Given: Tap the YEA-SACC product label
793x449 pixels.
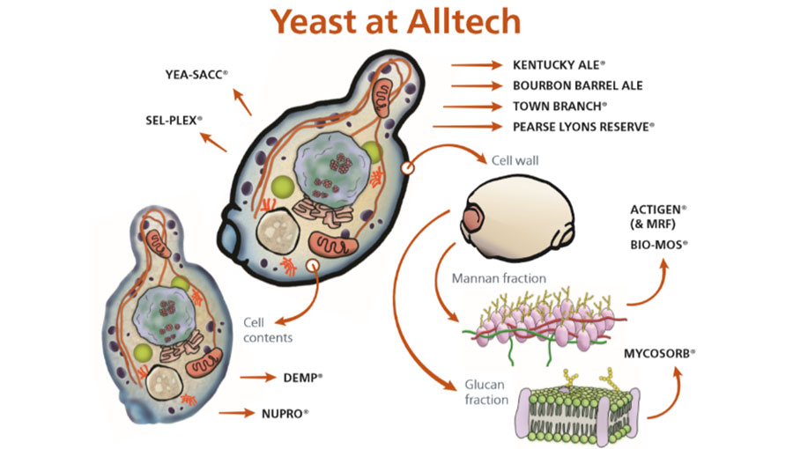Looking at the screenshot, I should [x=196, y=75].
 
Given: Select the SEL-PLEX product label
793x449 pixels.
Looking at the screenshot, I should [x=174, y=118].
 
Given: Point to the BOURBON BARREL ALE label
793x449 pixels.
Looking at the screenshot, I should [x=578, y=85].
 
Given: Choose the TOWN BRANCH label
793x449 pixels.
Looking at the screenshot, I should [x=559, y=107].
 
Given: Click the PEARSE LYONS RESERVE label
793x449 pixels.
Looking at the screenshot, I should [x=583, y=127].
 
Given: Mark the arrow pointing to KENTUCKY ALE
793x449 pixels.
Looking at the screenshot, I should [x=476, y=65].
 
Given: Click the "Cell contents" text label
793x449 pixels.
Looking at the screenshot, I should [x=263, y=329].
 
